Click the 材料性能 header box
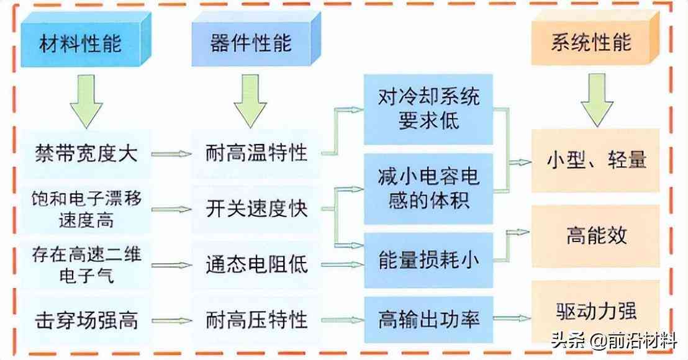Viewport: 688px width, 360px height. pos(80,43)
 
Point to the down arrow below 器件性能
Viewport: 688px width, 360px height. pos(250,101)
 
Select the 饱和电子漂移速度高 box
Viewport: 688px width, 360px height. pos(86,209)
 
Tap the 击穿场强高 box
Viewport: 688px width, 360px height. pos(86,320)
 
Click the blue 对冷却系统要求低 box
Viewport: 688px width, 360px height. pos(428,109)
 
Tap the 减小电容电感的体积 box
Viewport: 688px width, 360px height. pos(428,189)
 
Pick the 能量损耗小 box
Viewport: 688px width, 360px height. pos(428,261)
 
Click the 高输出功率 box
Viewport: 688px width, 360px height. pos(428,320)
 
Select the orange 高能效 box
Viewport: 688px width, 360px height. pos(595,236)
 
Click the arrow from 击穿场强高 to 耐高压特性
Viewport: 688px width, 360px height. pos(171,321)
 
